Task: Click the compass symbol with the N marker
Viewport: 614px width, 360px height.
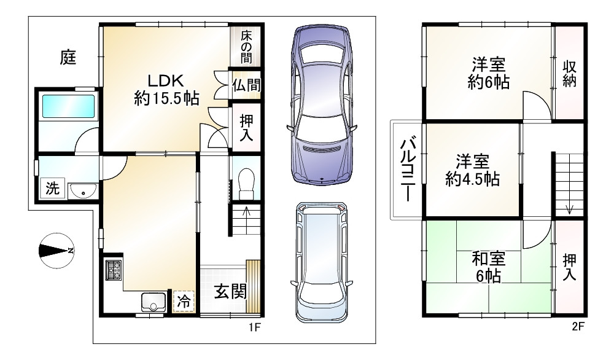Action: pyautogui.click(x=56, y=251)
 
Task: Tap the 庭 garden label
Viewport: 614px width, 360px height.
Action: pyautogui.click(x=68, y=57)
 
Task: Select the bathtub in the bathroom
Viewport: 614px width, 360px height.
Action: pyautogui.click(x=69, y=106)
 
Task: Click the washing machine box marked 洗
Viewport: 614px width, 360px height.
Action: pyautogui.click(x=52, y=189)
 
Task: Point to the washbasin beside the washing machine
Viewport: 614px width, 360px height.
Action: pyautogui.click(x=83, y=191)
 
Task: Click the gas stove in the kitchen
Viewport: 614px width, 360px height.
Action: pyautogui.click(x=114, y=270)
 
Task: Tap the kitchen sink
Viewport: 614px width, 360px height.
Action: pyautogui.click(x=153, y=302)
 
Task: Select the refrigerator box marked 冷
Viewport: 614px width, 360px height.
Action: pyautogui.click(x=184, y=301)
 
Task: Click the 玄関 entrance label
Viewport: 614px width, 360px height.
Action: pyautogui.click(x=230, y=291)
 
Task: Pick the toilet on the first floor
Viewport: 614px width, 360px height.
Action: pyautogui.click(x=246, y=183)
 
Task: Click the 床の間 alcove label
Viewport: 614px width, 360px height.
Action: pyautogui.click(x=246, y=47)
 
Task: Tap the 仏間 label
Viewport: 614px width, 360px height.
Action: pyautogui.click(x=246, y=85)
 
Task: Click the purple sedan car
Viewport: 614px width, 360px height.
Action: pyautogui.click(x=322, y=105)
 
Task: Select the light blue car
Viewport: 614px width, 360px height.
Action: pyautogui.click(x=322, y=262)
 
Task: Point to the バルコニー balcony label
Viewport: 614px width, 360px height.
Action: pyautogui.click(x=407, y=169)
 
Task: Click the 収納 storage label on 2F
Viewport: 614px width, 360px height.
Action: pyautogui.click(x=569, y=74)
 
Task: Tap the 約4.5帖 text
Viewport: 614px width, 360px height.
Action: pyautogui.click(x=472, y=179)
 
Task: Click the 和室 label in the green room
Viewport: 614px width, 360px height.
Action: pyautogui.click(x=488, y=259)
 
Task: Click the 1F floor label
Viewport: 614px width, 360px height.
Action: pyautogui.click(x=255, y=327)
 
